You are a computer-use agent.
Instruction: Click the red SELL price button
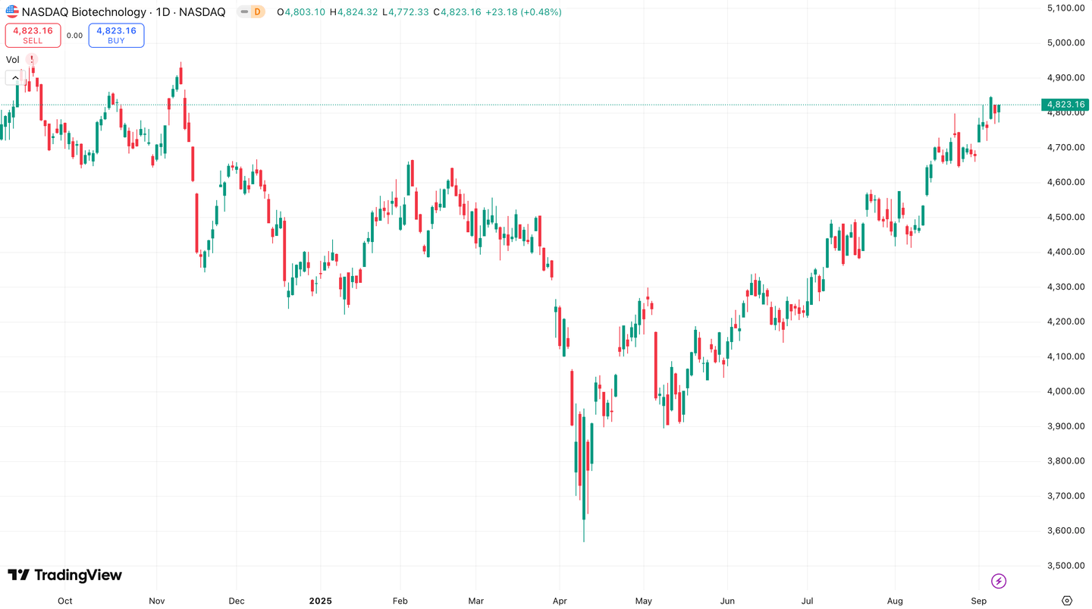pyautogui.click(x=33, y=35)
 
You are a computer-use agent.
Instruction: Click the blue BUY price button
pyautogui.click(x=116, y=35)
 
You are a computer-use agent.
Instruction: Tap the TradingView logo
pyautogui.click(x=64, y=575)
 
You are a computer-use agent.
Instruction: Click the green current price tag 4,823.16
pyautogui.click(x=1065, y=105)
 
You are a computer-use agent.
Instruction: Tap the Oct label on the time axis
pyautogui.click(x=65, y=601)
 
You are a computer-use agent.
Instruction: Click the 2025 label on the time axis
pyautogui.click(x=320, y=601)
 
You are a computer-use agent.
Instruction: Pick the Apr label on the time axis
pyautogui.click(x=559, y=601)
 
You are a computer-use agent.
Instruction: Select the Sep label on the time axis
pyautogui.click(x=978, y=601)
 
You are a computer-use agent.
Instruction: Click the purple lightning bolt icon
pyautogui.click(x=999, y=581)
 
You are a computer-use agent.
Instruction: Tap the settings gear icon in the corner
pyautogui.click(x=1067, y=601)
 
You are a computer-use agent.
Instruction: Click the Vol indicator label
pyautogui.click(x=13, y=60)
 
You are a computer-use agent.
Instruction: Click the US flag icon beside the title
pyautogui.click(x=12, y=12)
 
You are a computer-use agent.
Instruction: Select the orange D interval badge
pyautogui.click(x=257, y=12)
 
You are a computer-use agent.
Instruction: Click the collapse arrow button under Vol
pyautogui.click(x=14, y=77)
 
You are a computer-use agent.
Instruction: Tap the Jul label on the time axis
pyautogui.click(x=807, y=601)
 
